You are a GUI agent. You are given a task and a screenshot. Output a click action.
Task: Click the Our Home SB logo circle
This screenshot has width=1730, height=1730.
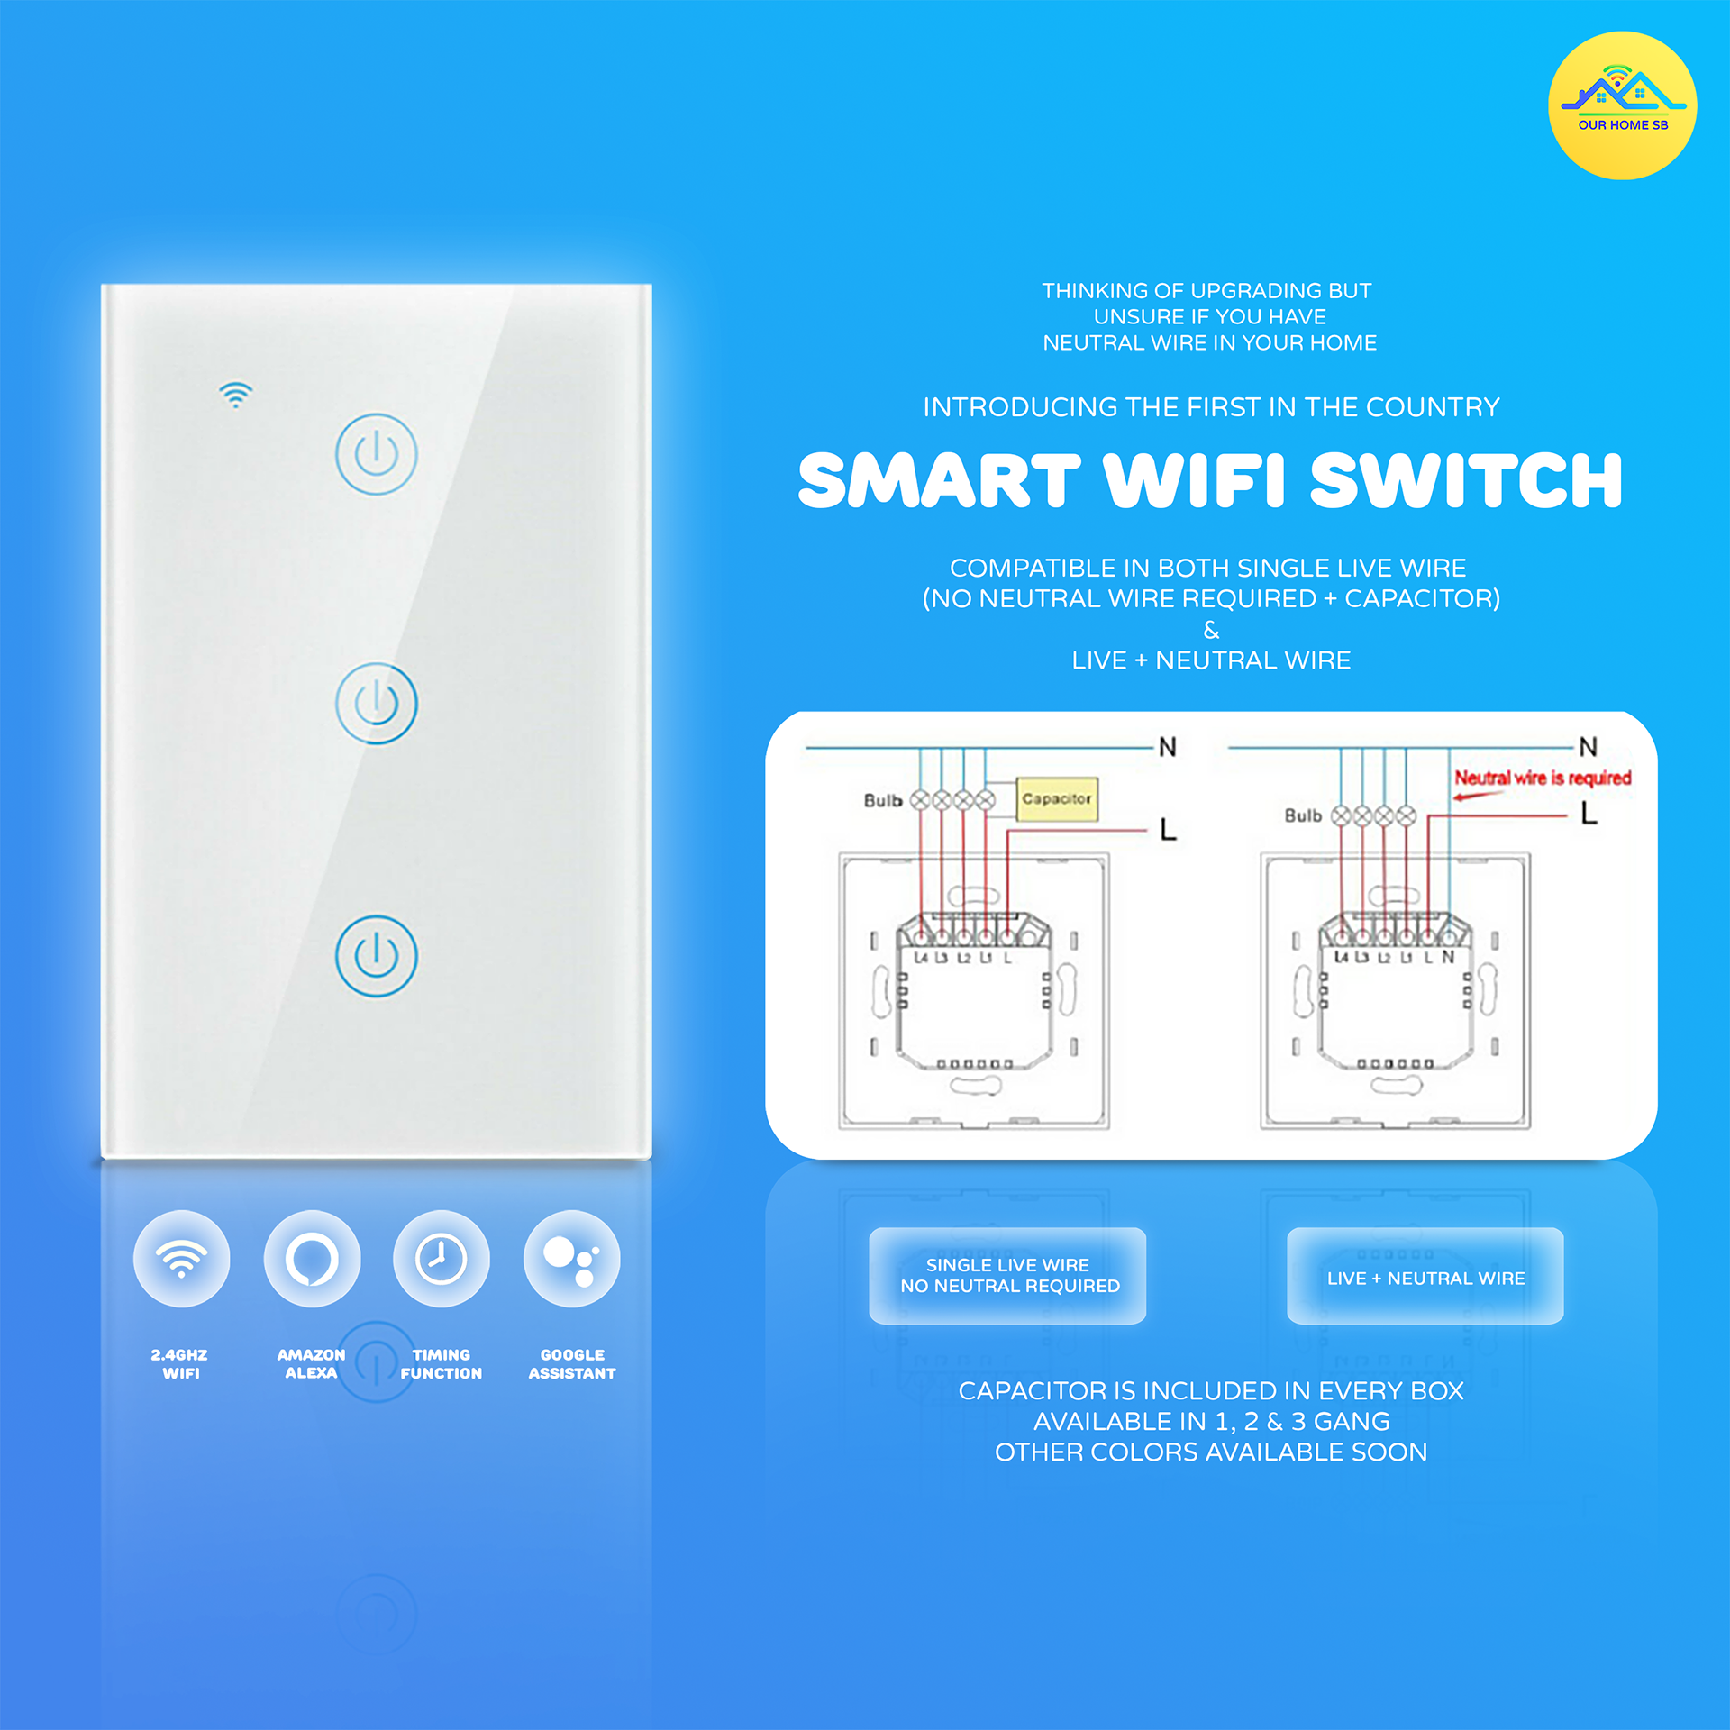1622,105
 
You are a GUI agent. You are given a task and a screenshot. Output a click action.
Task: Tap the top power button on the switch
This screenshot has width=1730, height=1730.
376,453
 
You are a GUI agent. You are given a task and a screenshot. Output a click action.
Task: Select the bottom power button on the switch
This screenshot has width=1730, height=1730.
376,955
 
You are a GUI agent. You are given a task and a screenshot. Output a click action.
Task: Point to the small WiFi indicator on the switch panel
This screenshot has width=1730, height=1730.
235,395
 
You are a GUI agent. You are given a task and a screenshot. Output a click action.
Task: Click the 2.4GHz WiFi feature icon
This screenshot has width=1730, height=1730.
181,1258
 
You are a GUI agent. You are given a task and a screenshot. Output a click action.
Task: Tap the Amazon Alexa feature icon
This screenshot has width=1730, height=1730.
312,1258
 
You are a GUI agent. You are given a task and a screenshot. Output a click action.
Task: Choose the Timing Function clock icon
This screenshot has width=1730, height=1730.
442,1258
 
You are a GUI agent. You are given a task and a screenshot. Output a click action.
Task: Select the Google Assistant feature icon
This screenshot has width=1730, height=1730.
572,1258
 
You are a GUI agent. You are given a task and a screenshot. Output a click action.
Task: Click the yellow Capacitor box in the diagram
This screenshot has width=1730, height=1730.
1057,799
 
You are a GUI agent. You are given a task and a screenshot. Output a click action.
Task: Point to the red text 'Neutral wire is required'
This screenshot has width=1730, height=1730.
1543,778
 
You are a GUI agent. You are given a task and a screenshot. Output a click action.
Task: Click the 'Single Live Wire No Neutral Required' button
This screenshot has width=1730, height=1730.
1007,1276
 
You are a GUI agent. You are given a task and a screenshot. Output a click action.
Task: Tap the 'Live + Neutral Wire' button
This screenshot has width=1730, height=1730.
1425,1276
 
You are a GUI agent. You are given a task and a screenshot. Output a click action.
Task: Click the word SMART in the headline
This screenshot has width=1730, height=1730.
939,480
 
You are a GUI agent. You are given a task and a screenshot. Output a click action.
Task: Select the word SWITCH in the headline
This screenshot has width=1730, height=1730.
1466,480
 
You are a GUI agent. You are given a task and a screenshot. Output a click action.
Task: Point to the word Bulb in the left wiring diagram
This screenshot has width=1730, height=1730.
883,800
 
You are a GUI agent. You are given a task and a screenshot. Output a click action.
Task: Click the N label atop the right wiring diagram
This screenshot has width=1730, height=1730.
1588,747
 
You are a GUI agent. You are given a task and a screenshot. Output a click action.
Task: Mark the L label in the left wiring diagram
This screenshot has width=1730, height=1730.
1168,829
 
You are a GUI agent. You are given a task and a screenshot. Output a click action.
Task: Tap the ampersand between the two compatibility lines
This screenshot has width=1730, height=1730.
1211,630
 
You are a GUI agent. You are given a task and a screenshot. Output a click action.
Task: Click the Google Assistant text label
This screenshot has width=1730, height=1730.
572,1364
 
